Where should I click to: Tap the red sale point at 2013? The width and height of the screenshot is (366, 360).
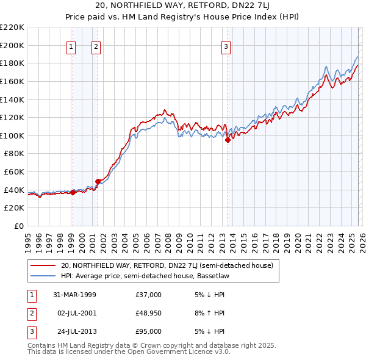(x=228, y=140)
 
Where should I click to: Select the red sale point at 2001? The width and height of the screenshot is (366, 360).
(x=98, y=181)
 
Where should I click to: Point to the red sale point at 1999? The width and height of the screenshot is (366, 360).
(x=73, y=192)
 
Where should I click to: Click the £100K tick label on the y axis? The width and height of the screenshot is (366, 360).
(x=13, y=135)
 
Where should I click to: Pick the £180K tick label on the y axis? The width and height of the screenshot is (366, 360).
(x=13, y=63)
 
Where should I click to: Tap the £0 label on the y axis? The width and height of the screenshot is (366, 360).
(x=20, y=226)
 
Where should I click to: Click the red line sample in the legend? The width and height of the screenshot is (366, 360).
(x=43, y=265)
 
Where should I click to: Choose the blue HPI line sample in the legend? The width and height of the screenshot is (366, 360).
(x=43, y=276)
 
